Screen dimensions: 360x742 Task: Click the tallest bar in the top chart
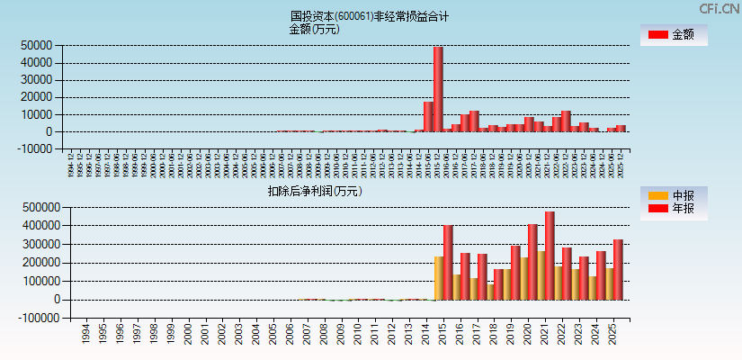coord(438,89)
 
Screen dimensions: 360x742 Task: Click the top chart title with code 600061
coord(370,16)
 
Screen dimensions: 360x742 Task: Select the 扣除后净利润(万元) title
coord(314,191)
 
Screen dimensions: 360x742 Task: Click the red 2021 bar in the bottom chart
coord(550,256)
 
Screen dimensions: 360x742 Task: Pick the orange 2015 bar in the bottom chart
coord(439,278)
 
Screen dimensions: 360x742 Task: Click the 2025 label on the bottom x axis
coord(613,335)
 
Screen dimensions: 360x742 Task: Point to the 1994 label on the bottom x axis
coord(85,335)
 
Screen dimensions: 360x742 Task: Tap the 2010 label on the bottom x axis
coord(358,335)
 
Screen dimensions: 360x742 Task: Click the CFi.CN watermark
coord(720,8)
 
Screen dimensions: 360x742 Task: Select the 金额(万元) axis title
coord(314,29)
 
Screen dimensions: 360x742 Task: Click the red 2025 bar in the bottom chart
coord(618,269)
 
